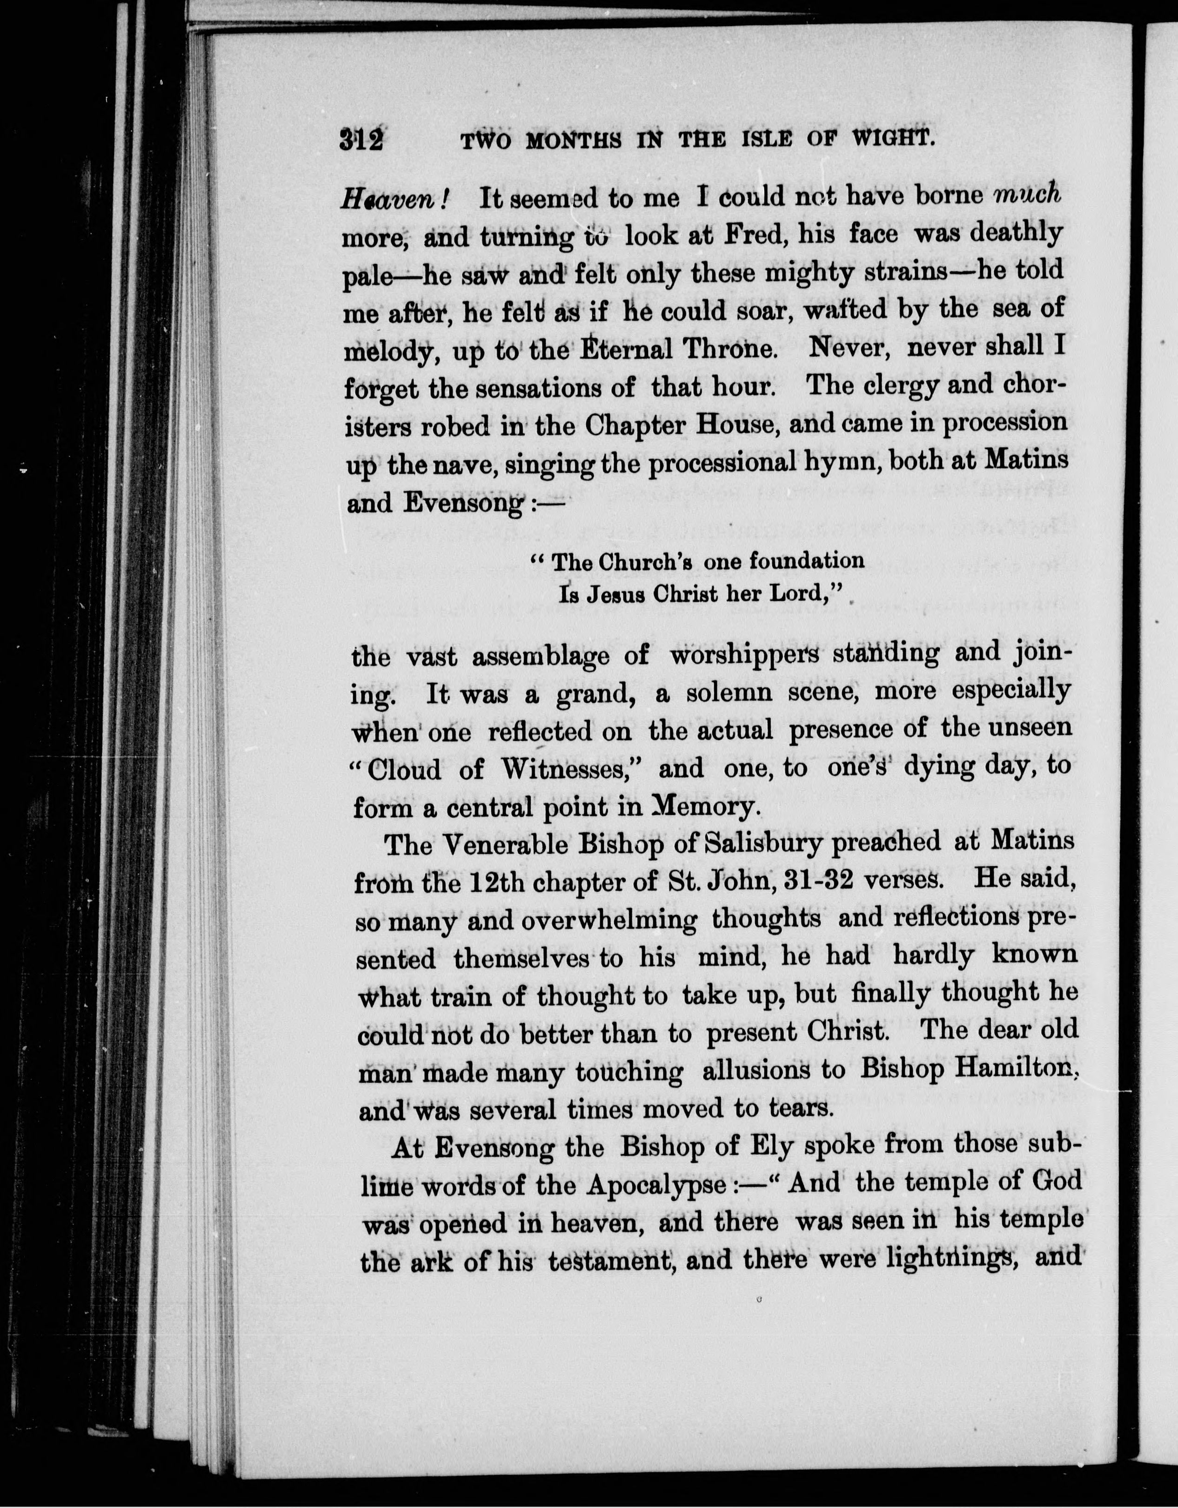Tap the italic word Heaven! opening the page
click(x=395, y=200)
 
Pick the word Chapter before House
click(x=635, y=424)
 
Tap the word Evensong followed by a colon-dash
click(x=463, y=503)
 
